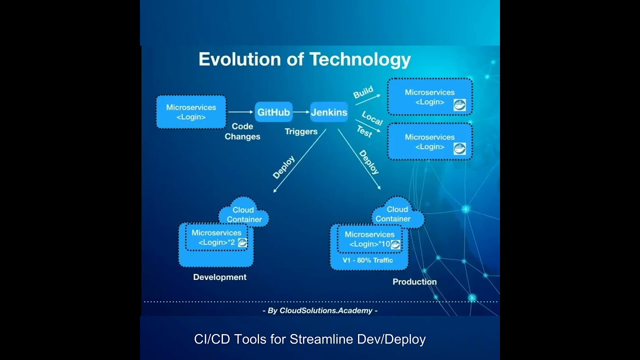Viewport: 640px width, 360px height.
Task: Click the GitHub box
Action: tap(273, 112)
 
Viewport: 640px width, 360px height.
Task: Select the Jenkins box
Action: tap(329, 112)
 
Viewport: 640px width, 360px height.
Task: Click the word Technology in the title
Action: tap(360, 59)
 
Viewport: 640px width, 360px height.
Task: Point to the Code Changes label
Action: tap(242, 131)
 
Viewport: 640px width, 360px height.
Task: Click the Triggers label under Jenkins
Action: tap(301, 131)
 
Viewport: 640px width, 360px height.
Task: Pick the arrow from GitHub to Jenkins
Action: tap(301, 112)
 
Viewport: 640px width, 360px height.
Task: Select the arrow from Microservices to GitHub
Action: tap(240, 112)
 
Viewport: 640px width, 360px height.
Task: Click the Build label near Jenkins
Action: tap(363, 92)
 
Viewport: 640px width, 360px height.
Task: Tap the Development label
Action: tap(220, 277)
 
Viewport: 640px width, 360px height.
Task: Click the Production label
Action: tap(414, 281)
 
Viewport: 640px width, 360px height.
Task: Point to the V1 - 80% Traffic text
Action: tap(367, 260)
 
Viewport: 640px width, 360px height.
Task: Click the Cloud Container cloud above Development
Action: tap(244, 214)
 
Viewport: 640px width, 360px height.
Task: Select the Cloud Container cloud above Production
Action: tap(397, 214)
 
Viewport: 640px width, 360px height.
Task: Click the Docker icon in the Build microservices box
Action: tap(459, 104)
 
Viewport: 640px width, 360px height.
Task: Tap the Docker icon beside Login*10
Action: tap(395, 244)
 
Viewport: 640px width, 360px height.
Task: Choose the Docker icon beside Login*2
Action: tap(242, 242)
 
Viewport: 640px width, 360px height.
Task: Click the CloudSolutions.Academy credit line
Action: tap(320, 310)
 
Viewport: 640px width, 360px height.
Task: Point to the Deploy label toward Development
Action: tap(283, 167)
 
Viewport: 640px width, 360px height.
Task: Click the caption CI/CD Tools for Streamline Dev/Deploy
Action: tap(310, 339)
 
